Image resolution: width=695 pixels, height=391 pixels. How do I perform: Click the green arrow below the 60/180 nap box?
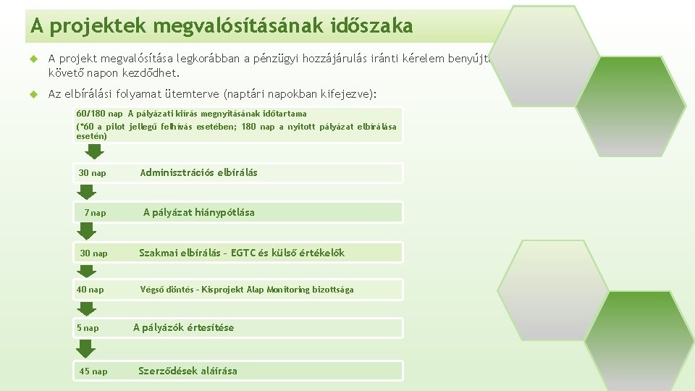pyautogui.click(x=95, y=151)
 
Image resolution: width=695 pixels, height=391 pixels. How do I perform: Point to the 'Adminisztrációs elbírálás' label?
pyautogui.click(x=198, y=172)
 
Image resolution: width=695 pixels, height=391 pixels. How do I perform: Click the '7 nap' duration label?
pyautogui.click(x=95, y=213)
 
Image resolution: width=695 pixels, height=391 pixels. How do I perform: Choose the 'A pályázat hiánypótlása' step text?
pyautogui.click(x=198, y=212)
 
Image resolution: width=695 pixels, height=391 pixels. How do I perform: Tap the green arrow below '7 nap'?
pyautogui.click(x=87, y=231)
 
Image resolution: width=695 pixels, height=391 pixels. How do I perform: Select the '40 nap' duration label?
pyautogui.click(x=90, y=290)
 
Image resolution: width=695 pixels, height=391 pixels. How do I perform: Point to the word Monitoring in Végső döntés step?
pyautogui.click(x=287, y=290)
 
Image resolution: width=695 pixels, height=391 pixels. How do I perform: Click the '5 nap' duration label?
pyautogui.click(x=88, y=328)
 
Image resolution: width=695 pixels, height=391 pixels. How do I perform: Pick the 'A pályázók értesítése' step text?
pyautogui.click(x=183, y=327)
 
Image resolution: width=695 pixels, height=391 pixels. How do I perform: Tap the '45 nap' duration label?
pyautogui.click(x=93, y=371)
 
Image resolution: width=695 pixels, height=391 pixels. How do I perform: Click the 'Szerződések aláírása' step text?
pyautogui.click(x=188, y=371)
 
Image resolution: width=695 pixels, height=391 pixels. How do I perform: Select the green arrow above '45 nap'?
pyautogui.click(x=87, y=349)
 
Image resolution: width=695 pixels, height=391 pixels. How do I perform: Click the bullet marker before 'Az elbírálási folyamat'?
pyautogui.click(x=32, y=94)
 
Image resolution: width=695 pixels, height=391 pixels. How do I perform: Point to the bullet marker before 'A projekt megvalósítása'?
pyautogui.click(x=32, y=59)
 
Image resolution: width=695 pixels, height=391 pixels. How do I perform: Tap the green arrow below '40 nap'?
pyautogui.click(x=87, y=308)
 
